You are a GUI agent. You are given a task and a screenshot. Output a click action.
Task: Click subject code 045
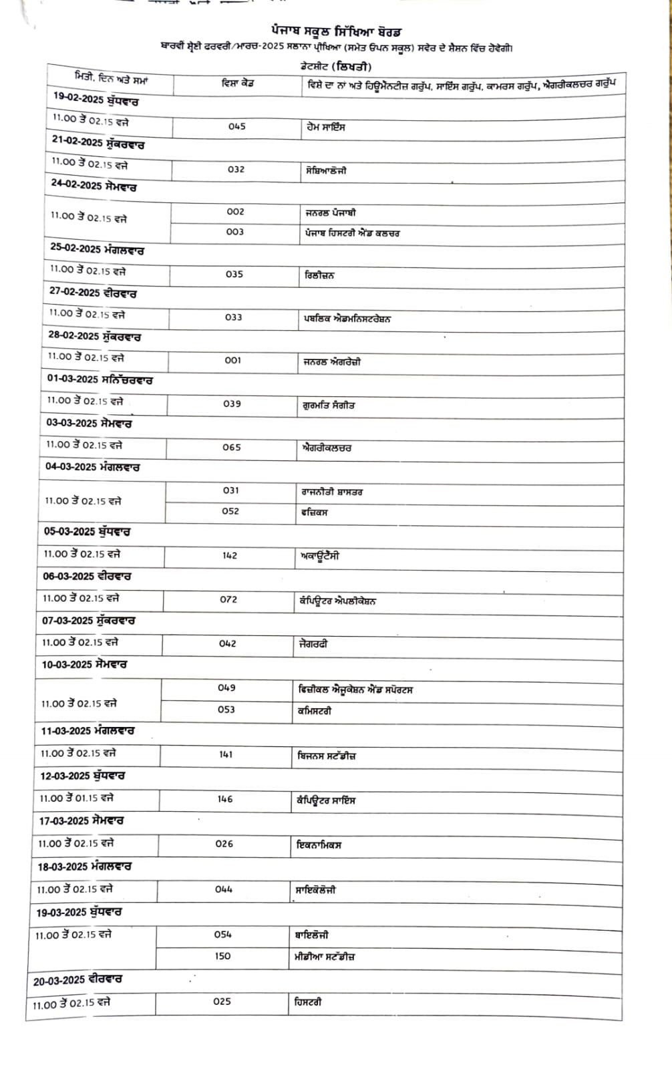[236, 126]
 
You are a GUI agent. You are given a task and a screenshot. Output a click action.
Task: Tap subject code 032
[236, 170]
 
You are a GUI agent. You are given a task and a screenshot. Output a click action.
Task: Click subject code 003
[235, 232]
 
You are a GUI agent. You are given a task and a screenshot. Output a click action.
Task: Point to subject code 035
[234, 275]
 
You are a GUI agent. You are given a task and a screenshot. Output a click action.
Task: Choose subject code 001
[232, 360]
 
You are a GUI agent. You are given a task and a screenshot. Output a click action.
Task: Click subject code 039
[232, 404]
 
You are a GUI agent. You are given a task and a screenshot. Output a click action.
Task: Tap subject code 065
[232, 448]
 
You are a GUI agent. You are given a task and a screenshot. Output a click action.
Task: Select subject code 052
[230, 511]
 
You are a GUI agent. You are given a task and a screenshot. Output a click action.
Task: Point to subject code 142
[229, 555]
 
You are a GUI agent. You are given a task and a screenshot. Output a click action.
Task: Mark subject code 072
[228, 600]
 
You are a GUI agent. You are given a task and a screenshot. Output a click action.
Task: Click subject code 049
[226, 688]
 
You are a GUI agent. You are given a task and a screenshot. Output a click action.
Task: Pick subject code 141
[226, 755]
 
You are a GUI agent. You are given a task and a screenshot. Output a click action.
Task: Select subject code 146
[225, 800]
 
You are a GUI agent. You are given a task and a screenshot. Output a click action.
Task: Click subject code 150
[222, 956]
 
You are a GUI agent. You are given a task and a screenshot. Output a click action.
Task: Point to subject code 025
[222, 1002]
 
